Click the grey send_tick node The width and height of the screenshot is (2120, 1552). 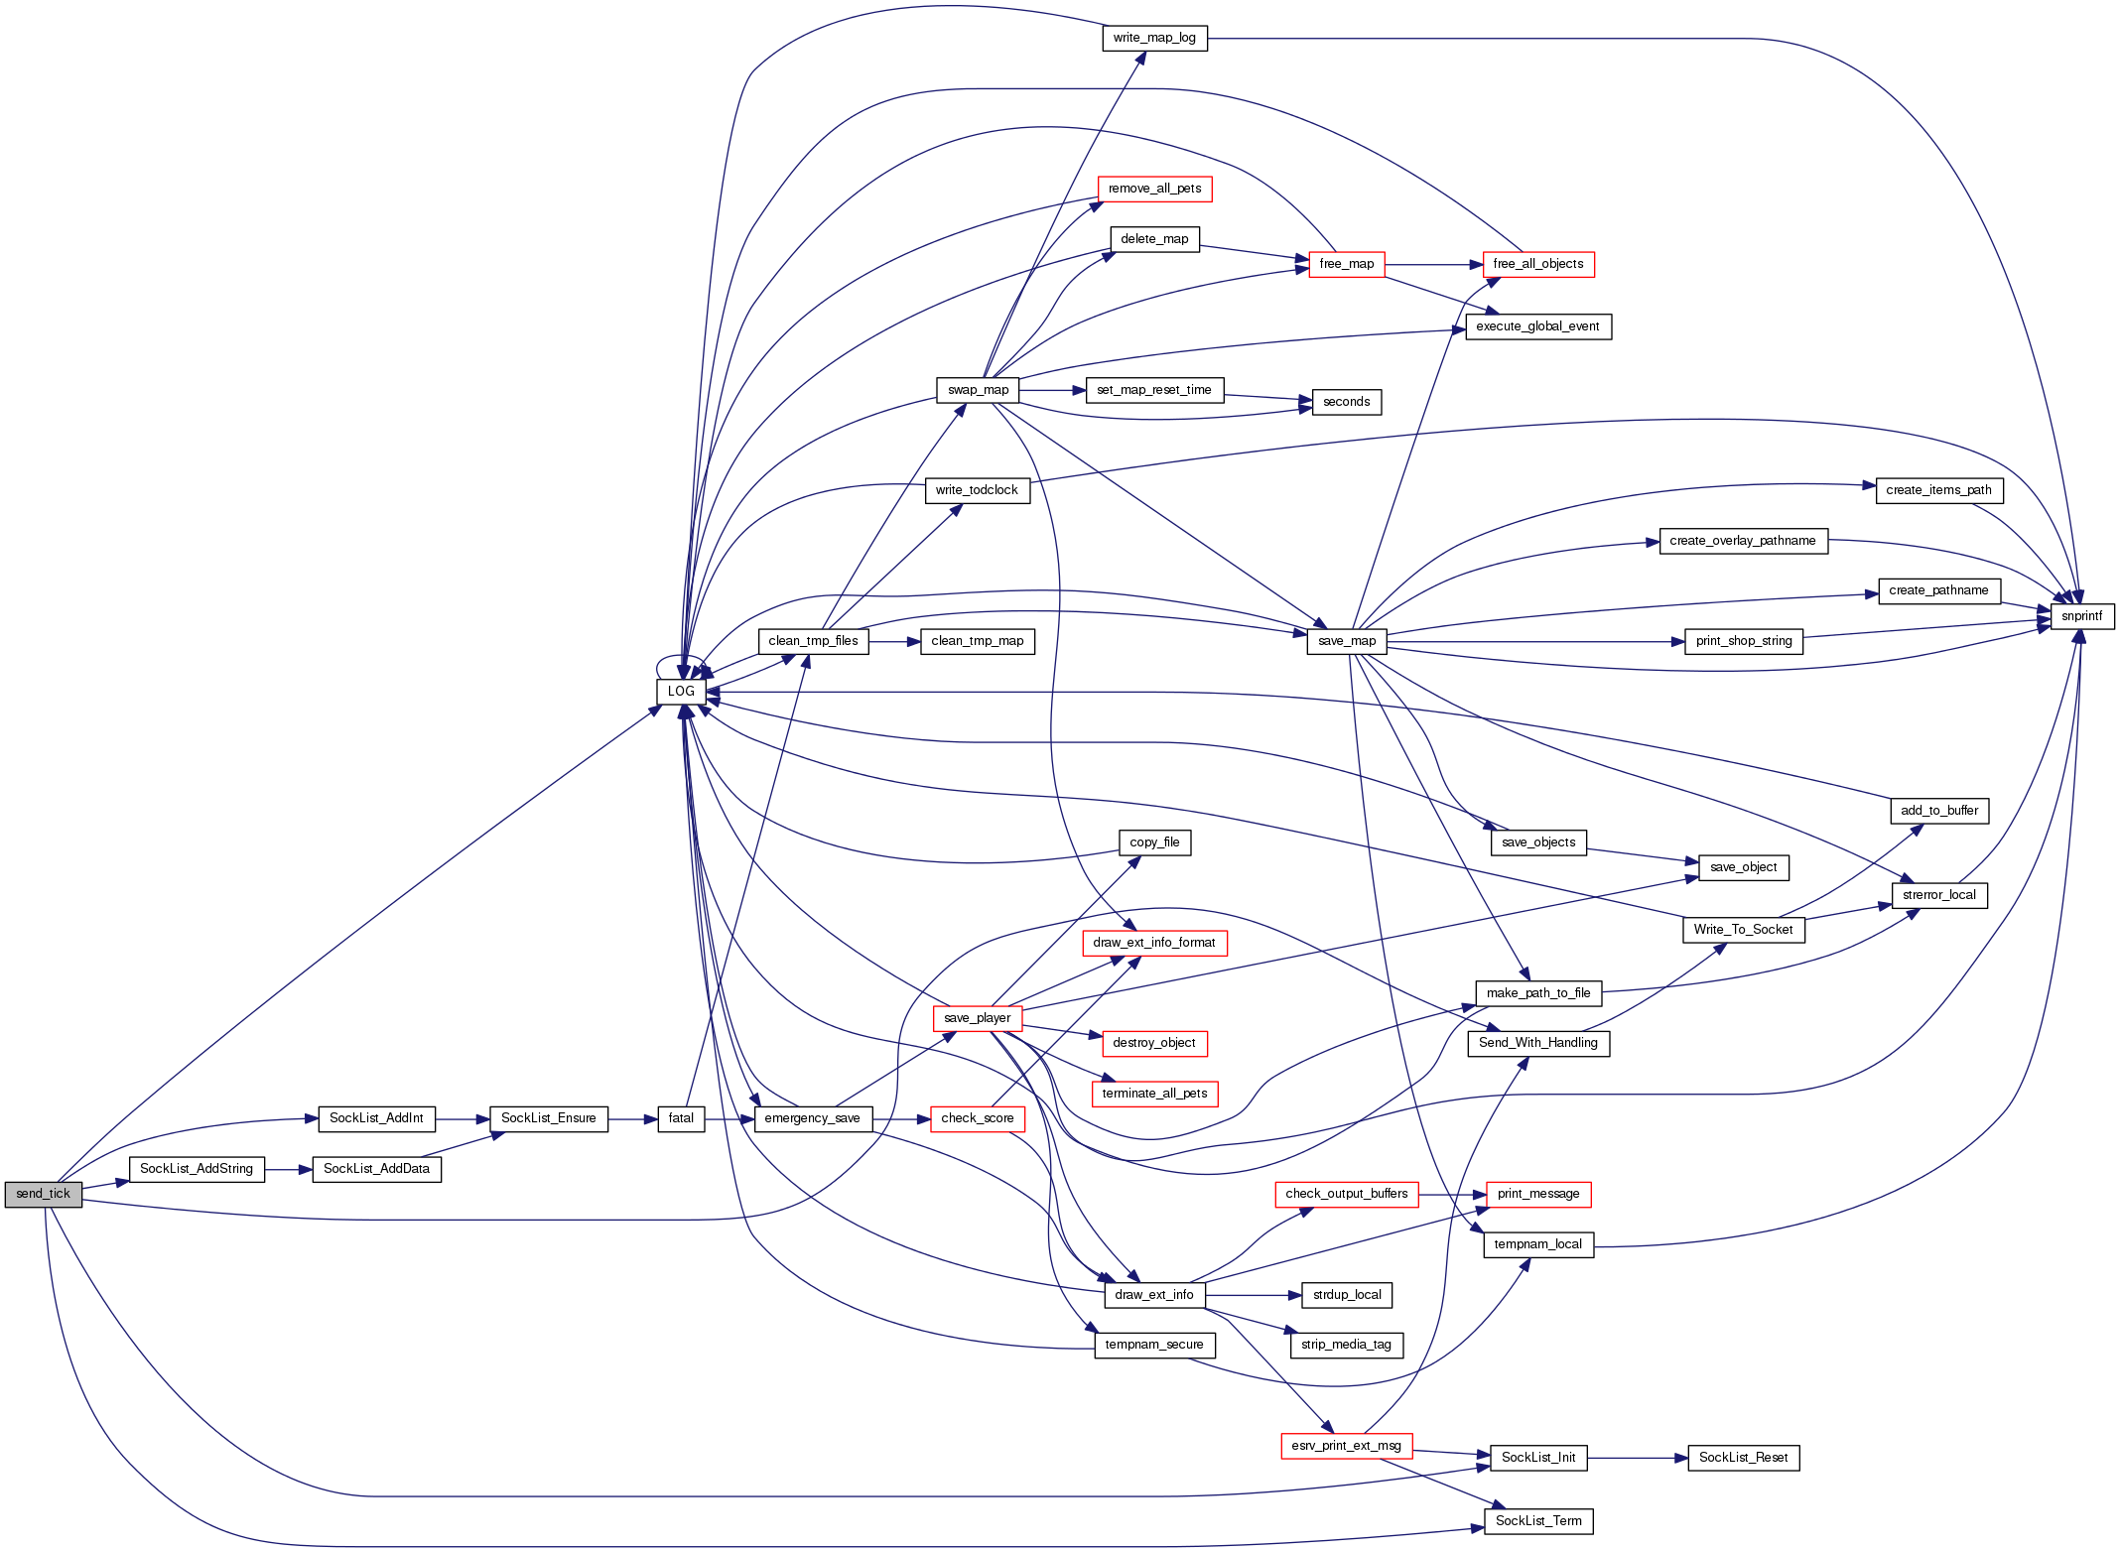[43, 1194]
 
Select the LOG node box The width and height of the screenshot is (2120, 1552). [681, 692]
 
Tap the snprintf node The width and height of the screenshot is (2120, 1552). [2081, 616]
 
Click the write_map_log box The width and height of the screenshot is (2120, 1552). [1154, 39]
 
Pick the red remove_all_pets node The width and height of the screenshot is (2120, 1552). [1154, 189]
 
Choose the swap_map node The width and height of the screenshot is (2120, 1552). [978, 390]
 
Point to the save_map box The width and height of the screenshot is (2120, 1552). [1347, 641]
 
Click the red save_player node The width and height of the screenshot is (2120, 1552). [978, 1018]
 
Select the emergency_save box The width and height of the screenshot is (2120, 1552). [812, 1118]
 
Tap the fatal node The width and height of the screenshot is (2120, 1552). [681, 1118]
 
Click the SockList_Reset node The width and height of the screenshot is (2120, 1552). [1743, 1458]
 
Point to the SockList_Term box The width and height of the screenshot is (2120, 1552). [1538, 1521]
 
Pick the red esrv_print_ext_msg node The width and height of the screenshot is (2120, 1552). [1346, 1446]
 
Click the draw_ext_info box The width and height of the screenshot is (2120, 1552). [1154, 1295]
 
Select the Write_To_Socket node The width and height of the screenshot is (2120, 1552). [1743, 930]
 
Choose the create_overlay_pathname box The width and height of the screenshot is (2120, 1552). [1743, 541]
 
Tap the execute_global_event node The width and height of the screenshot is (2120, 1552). [1538, 326]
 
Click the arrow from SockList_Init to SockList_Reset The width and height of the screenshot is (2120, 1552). [1638, 1458]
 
